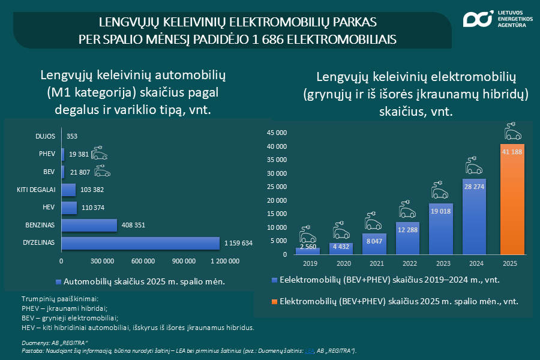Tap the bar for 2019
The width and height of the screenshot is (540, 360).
coord(307,251)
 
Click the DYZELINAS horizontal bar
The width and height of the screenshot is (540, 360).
coord(140,244)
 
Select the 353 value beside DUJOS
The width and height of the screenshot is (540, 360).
coord(72,136)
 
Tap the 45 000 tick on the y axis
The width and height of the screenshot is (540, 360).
coord(278,133)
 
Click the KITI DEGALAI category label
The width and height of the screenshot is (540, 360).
coord(36,190)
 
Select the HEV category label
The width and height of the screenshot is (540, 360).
coord(48,208)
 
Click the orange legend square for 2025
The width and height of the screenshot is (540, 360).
coord(275,301)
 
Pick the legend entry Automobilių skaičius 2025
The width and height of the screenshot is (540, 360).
coord(144,281)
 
